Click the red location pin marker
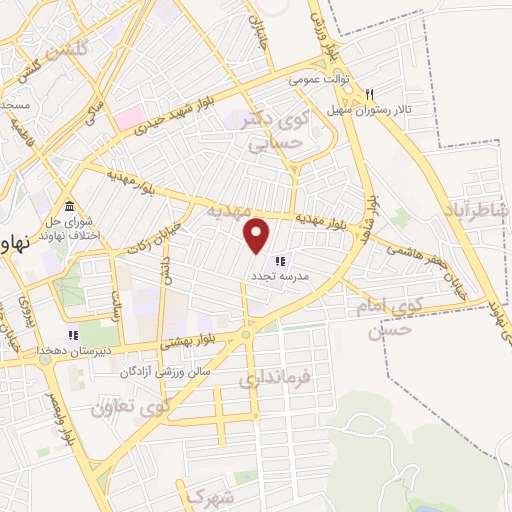click(258, 235)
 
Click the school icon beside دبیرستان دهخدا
click(72, 335)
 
